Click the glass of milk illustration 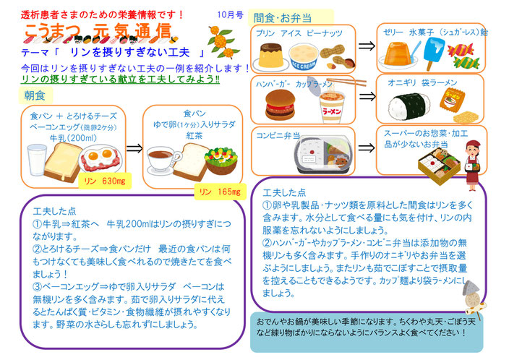(x=36, y=160)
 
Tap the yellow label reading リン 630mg (x=105, y=181)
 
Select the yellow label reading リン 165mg (x=220, y=192)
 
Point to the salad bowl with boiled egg (x=221, y=160)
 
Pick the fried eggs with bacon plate (x=101, y=158)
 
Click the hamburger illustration (x=280, y=105)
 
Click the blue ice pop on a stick (x=434, y=53)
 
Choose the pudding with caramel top (x=270, y=57)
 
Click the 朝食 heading (x=35, y=95)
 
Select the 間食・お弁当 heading (x=283, y=18)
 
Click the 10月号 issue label (x=231, y=14)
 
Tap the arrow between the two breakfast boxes (x=134, y=149)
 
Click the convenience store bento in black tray (x=324, y=155)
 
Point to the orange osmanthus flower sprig (x=223, y=41)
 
